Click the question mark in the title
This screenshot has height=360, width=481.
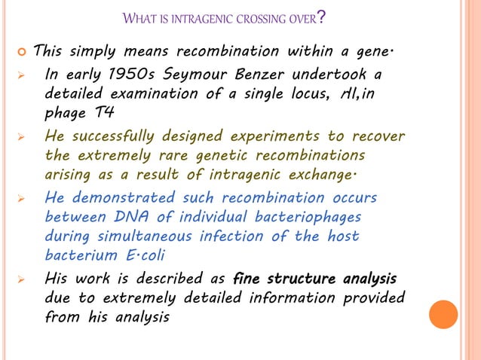(321, 16)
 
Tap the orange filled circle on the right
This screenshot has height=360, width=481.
(443, 314)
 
